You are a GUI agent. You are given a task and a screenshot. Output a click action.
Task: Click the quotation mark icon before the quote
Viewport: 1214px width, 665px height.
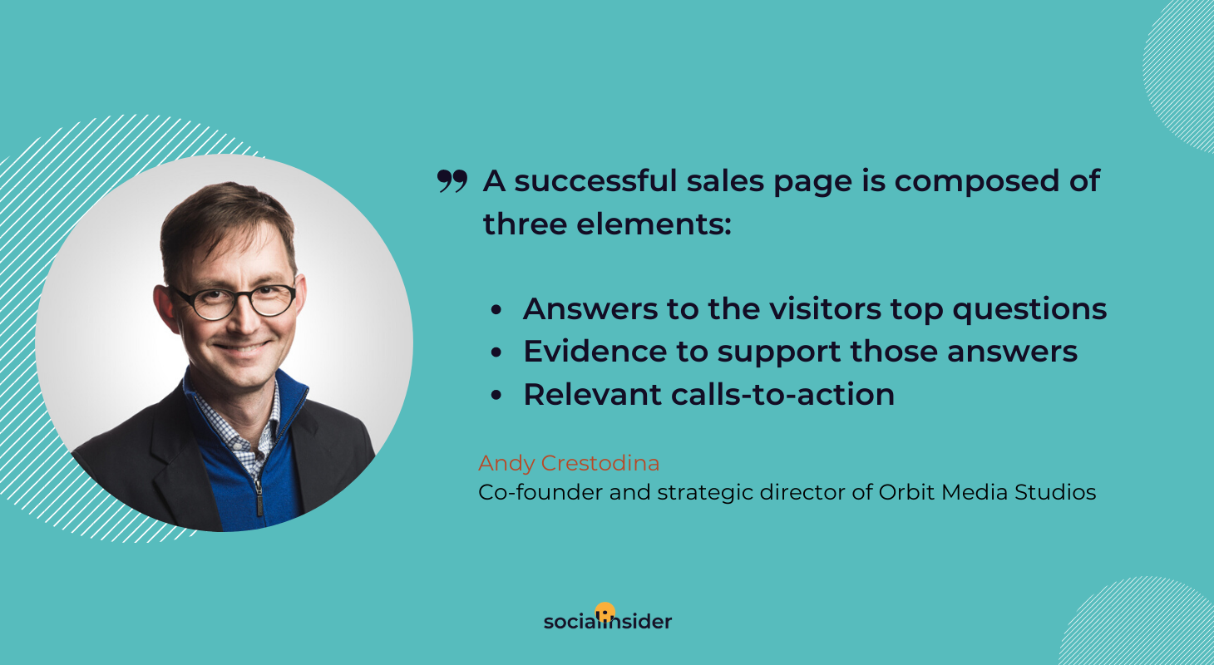click(452, 181)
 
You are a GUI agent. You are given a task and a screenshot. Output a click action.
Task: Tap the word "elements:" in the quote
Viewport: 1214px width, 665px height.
click(654, 224)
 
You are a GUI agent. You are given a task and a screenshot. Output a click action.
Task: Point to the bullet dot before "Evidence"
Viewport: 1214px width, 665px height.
click(496, 352)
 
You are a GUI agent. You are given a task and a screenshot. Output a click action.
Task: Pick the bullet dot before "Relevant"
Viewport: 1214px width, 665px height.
click(496, 395)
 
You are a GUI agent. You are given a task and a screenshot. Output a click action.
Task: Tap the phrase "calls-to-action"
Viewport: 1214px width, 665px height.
click(782, 394)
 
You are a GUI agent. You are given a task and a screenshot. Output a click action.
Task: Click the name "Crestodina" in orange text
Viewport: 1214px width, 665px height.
click(600, 463)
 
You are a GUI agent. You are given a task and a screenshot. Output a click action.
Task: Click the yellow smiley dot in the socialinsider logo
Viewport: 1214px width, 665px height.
click(605, 612)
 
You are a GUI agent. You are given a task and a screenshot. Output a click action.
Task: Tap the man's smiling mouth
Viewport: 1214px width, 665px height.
click(242, 347)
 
